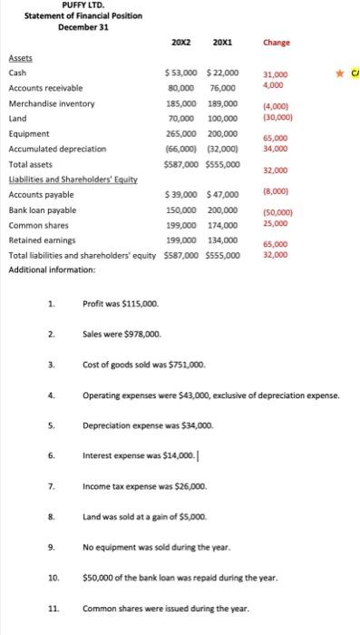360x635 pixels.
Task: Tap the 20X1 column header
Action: [222, 43]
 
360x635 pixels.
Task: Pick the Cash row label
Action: [17, 73]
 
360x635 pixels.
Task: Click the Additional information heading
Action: [52, 270]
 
